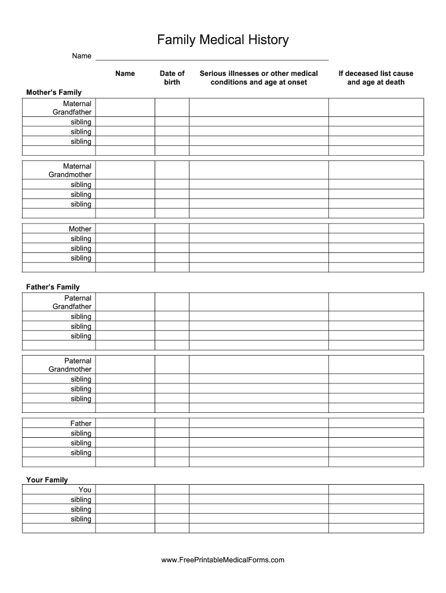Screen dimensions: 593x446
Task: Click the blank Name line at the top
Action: click(211, 56)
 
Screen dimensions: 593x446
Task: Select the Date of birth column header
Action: click(172, 78)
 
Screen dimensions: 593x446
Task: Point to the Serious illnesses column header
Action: click(259, 78)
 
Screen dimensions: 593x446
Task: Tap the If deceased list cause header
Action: click(376, 78)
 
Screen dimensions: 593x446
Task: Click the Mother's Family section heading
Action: click(54, 93)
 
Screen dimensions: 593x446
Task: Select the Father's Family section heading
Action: click(53, 287)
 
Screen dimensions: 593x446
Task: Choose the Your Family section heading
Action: click(47, 480)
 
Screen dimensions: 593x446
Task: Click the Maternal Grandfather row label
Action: click(72, 108)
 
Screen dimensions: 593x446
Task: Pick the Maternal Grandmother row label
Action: click(70, 170)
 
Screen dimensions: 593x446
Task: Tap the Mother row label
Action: click(80, 229)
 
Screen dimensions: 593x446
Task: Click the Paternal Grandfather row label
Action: click(72, 302)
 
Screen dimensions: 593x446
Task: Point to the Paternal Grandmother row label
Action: click(70, 365)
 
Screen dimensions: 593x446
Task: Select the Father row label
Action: click(81, 423)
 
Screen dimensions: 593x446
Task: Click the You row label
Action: click(85, 490)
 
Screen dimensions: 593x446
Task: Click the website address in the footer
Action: click(223, 560)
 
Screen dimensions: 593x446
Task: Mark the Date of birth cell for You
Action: click(172, 490)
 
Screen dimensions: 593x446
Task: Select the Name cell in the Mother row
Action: click(125, 229)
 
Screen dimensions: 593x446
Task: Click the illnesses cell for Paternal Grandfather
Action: click(259, 302)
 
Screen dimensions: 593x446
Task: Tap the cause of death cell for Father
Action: click(376, 423)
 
